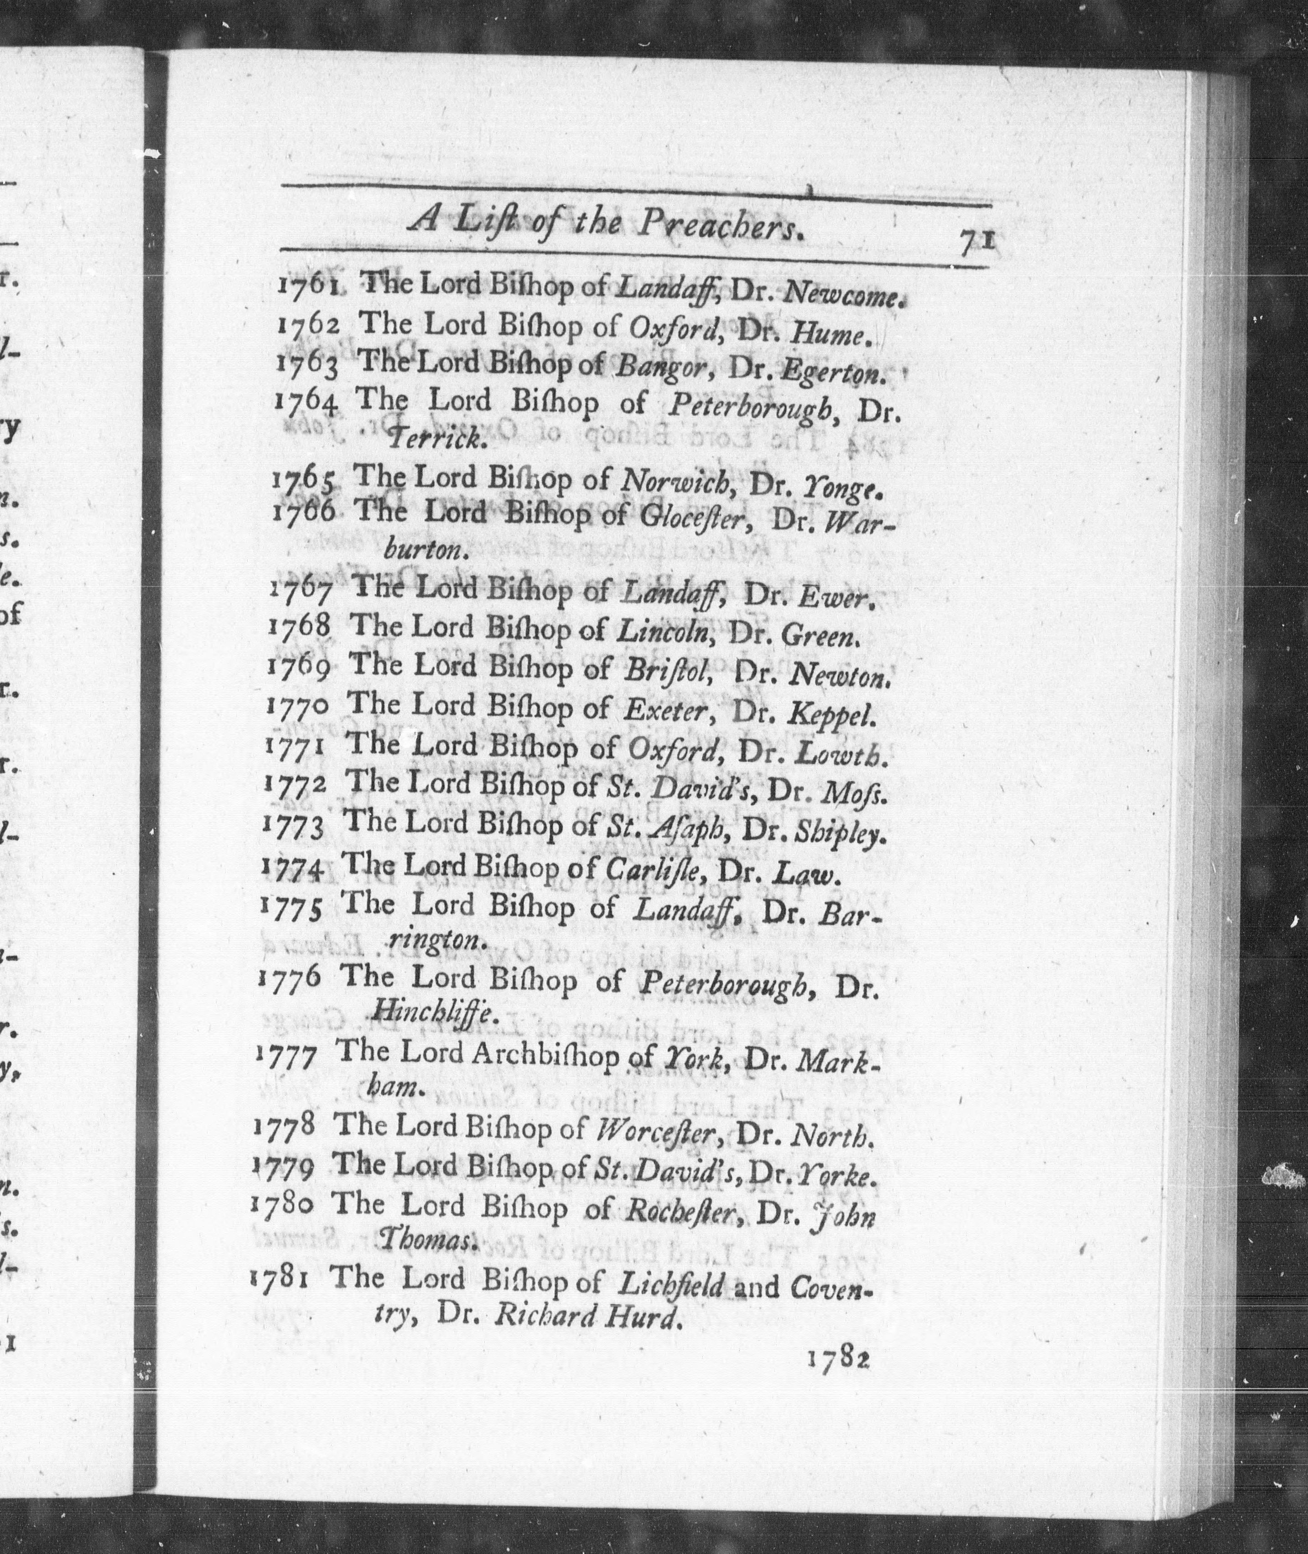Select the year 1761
pyautogui.click(x=309, y=285)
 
